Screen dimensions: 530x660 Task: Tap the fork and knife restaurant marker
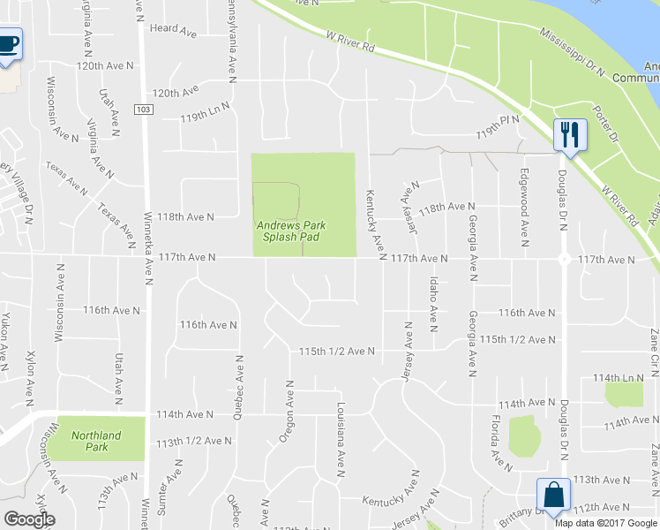coord(568,135)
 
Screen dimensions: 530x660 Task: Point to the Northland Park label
coord(95,441)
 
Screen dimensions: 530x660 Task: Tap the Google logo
coord(29,519)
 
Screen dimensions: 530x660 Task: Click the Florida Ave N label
coord(499,443)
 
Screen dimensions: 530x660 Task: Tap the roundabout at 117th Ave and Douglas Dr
coord(563,259)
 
